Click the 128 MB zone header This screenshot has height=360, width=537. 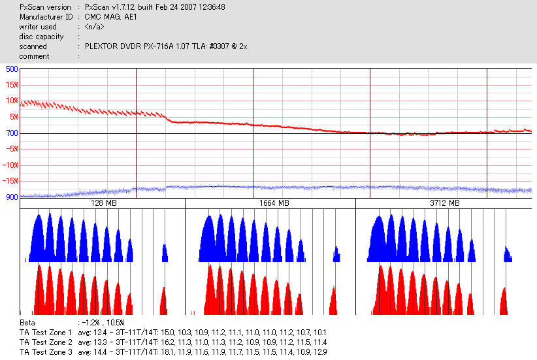(x=103, y=203)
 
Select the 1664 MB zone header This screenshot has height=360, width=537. (x=270, y=203)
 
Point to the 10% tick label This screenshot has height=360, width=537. (x=11, y=101)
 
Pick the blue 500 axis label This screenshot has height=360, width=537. (x=11, y=69)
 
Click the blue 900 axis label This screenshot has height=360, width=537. (x=11, y=197)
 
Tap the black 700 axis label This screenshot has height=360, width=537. (x=11, y=133)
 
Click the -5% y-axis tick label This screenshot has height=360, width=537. (x=11, y=149)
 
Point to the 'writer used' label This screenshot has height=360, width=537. (x=38, y=27)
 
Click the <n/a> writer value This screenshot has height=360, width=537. (x=94, y=27)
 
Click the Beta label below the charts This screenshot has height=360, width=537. (x=27, y=323)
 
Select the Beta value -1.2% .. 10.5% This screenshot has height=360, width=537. (x=101, y=323)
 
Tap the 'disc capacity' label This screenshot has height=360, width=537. (x=41, y=37)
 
